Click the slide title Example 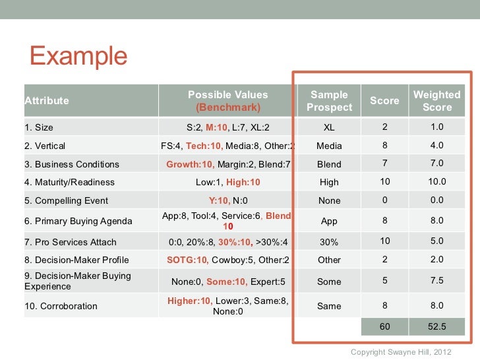pyautogui.click(x=77, y=57)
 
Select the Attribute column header pyautogui.click(x=47, y=101)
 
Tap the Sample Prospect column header pyautogui.click(x=329, y=101)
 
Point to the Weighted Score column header pyautogui.click(x=436, y=101)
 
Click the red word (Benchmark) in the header pyautogui.click(x=228, y=107)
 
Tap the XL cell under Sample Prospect pyautogui.click(x=329, y=128)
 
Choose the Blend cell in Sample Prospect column pyautogui.click(x=329, y=164)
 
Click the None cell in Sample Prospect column pyautogui.click(x=329, y=200)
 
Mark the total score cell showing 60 pyautogui.click(x=384, y=326)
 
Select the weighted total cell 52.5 pyautogui.click(x=436, y=326)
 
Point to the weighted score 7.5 pyautogui.click(x=436, y=282)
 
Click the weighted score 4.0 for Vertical pyautogui.click(x=436, y=146)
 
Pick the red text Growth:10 pyautogui.click(x=189, y=164)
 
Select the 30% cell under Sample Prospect pyautogui.click(x=329, y=242)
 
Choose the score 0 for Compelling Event pyautogui.click(x=384, y=200)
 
